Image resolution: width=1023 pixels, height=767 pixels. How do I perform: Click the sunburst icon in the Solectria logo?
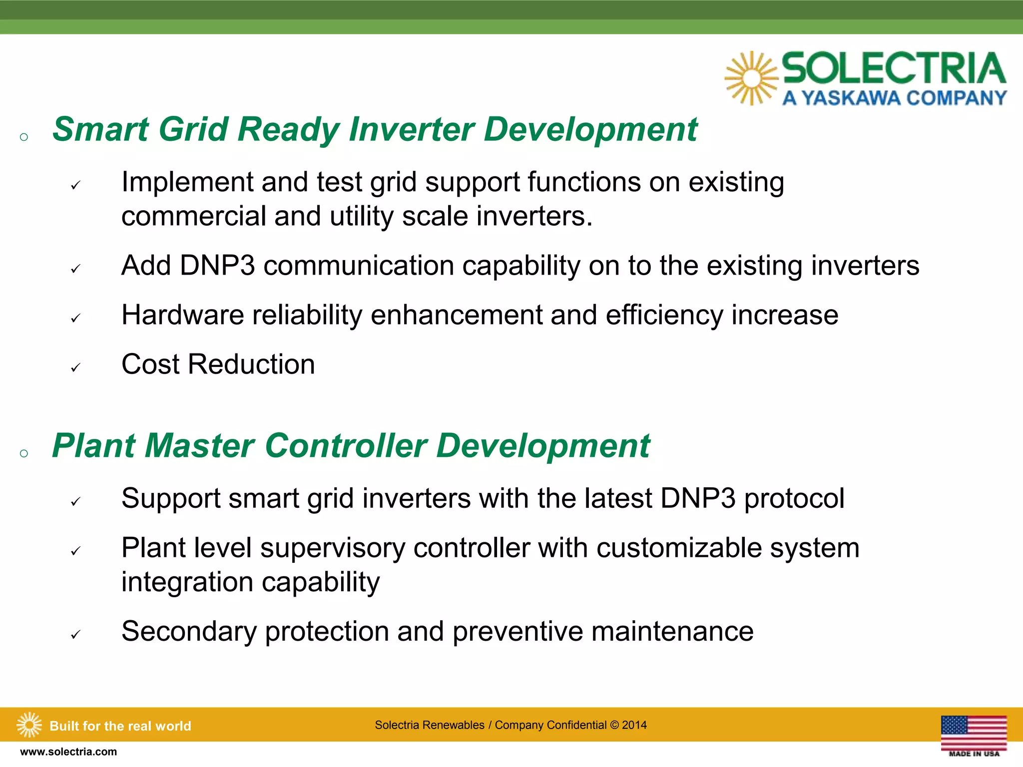tap(751, 78)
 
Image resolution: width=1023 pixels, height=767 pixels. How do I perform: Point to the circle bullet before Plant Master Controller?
tap(23, 453)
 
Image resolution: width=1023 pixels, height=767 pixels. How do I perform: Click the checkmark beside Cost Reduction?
tap(75, 368)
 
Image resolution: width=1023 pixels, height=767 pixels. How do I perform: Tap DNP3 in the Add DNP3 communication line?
tap(217, 265)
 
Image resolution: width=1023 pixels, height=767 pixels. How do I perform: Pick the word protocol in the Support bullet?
tap(794, 498)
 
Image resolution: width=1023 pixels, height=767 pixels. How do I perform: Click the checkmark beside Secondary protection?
tap(75, 635)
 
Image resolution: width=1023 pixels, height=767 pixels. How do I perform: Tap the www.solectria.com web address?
tap(68, 752)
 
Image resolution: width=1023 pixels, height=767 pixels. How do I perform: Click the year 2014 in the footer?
tap(634, 725)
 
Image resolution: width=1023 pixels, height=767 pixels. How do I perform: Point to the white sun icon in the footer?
tap(29, 725)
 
